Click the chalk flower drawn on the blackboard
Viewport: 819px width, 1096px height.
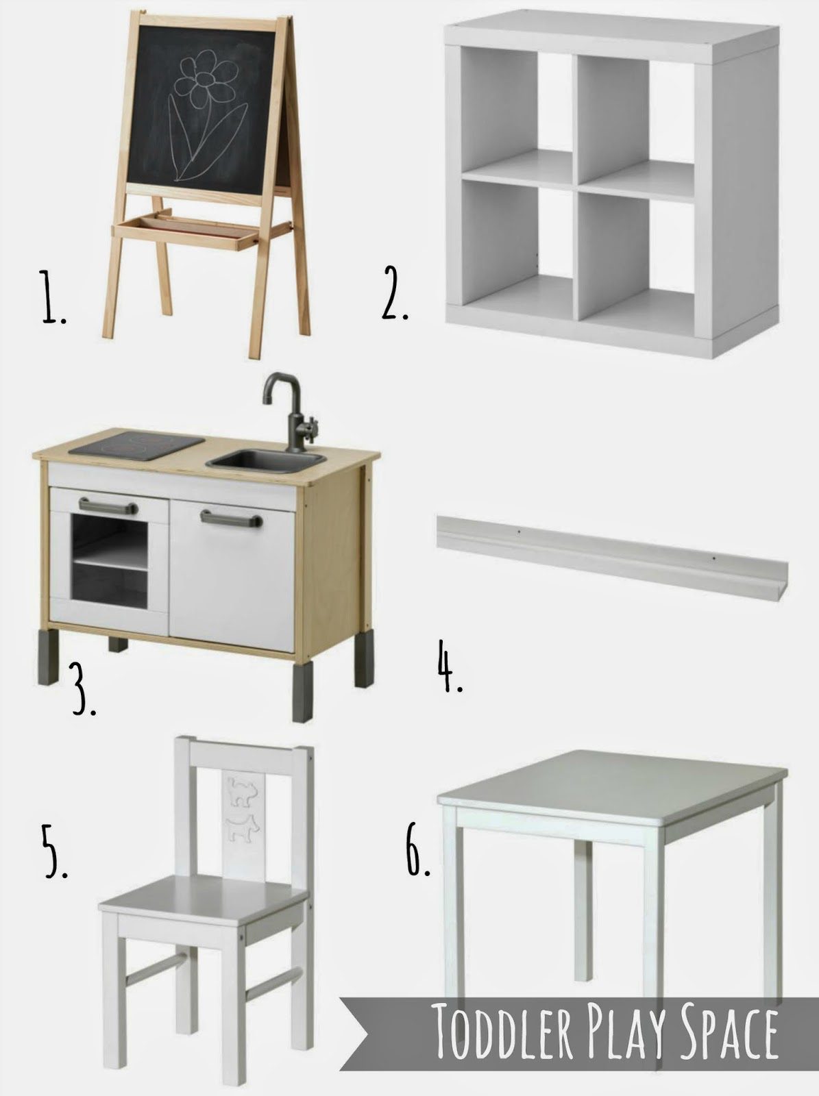205,118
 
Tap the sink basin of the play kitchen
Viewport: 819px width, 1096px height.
266,460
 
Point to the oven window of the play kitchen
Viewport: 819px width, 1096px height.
109,560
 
